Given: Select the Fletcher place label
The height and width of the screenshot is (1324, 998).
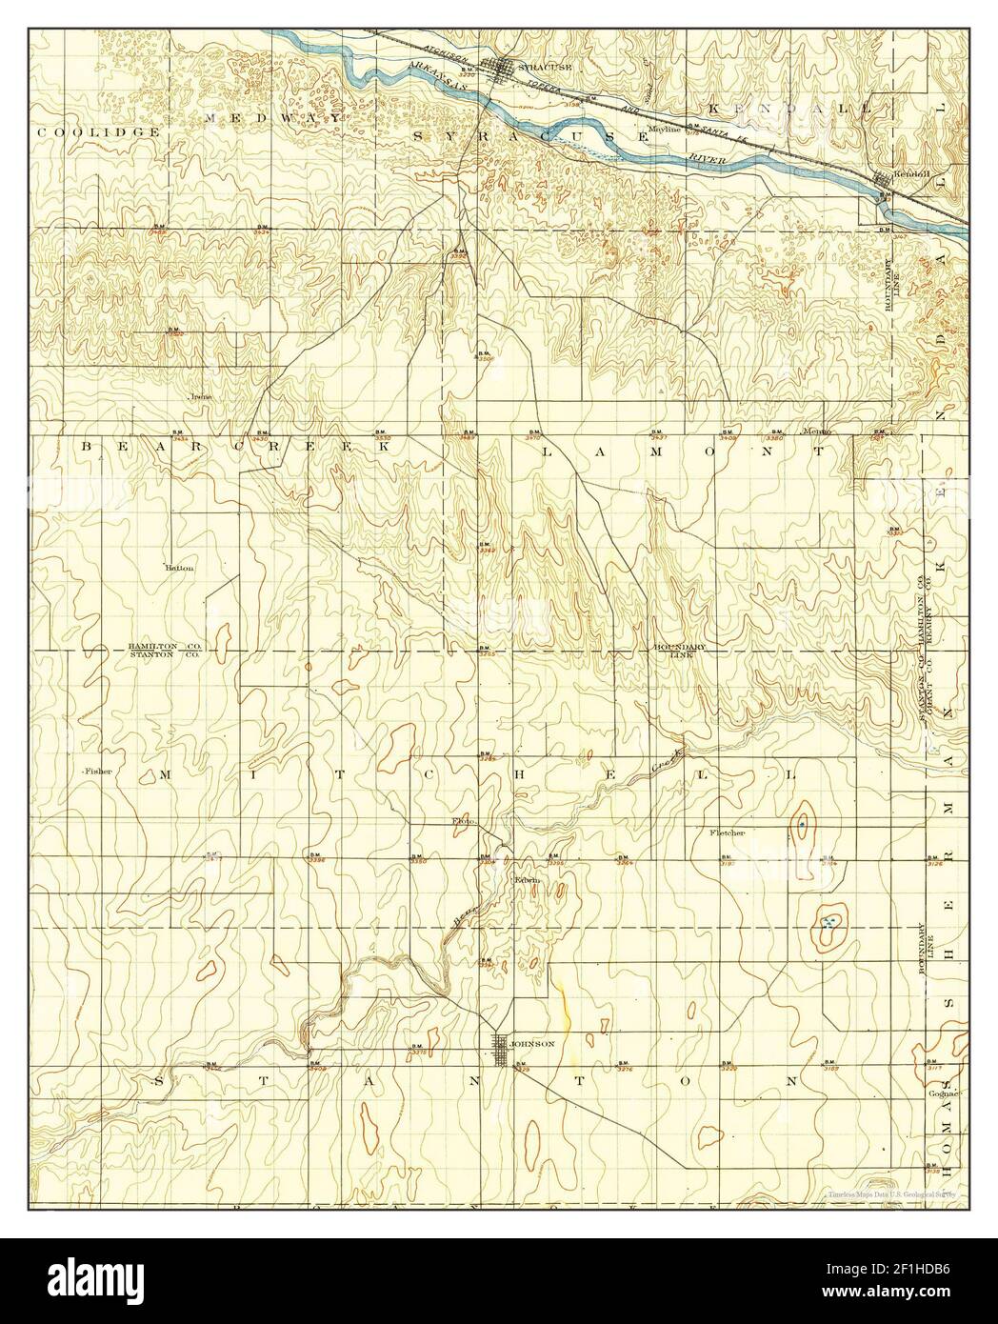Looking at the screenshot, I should [x=727, y=833].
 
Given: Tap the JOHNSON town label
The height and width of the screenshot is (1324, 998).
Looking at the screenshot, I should [x=532, y=1043].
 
